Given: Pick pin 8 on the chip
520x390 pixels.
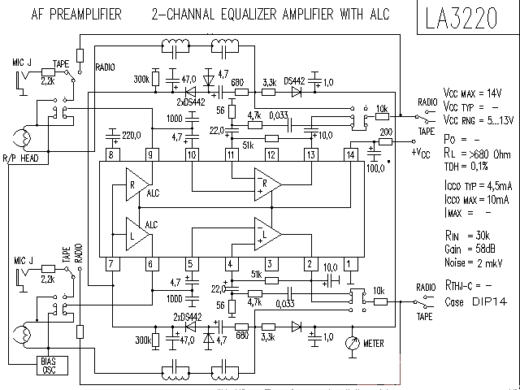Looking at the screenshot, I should point(111,154).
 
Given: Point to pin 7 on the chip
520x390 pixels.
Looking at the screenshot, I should point(111,263).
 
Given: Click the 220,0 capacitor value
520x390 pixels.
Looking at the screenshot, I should point(131,134).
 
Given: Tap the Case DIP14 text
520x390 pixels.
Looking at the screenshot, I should point(472,301).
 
